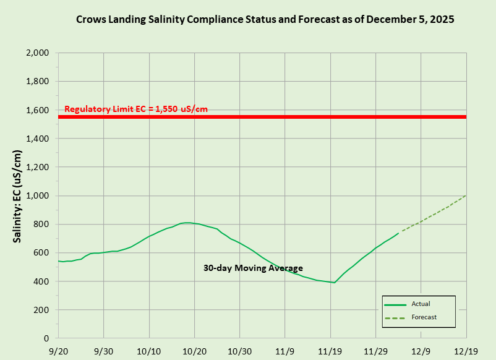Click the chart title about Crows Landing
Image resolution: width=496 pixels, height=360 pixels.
(x=265, y=19)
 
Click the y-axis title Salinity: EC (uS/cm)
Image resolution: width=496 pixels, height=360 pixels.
(x=19, y=195)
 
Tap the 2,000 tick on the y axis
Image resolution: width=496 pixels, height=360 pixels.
(x=38, y=53)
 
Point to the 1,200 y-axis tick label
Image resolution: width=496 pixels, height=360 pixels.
(x=38, y=168)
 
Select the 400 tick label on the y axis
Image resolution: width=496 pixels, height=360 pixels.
(x=41, y=281)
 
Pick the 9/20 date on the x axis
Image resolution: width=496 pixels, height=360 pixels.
(x=58, y=351)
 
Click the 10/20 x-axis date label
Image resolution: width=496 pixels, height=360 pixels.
(x=194, y=351)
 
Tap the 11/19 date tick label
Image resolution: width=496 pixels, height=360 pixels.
(x=330, y=351)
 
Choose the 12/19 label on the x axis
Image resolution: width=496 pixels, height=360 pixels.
(x=466, y=351)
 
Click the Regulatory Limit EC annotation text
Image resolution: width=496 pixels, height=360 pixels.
(x=136, y=109)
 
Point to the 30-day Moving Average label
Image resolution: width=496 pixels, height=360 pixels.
(x=254, y=268)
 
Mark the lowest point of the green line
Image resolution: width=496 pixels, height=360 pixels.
(x=334, y=283)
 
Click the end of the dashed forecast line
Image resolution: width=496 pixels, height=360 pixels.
(x=466, y=195)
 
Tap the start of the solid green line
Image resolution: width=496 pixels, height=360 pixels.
(x=58, y=261)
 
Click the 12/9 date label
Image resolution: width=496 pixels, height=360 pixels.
(x=421, y=351)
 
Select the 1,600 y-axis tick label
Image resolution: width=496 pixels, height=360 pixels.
(x=38, y=110)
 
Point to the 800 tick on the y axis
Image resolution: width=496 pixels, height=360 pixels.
(x=41, y=225)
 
